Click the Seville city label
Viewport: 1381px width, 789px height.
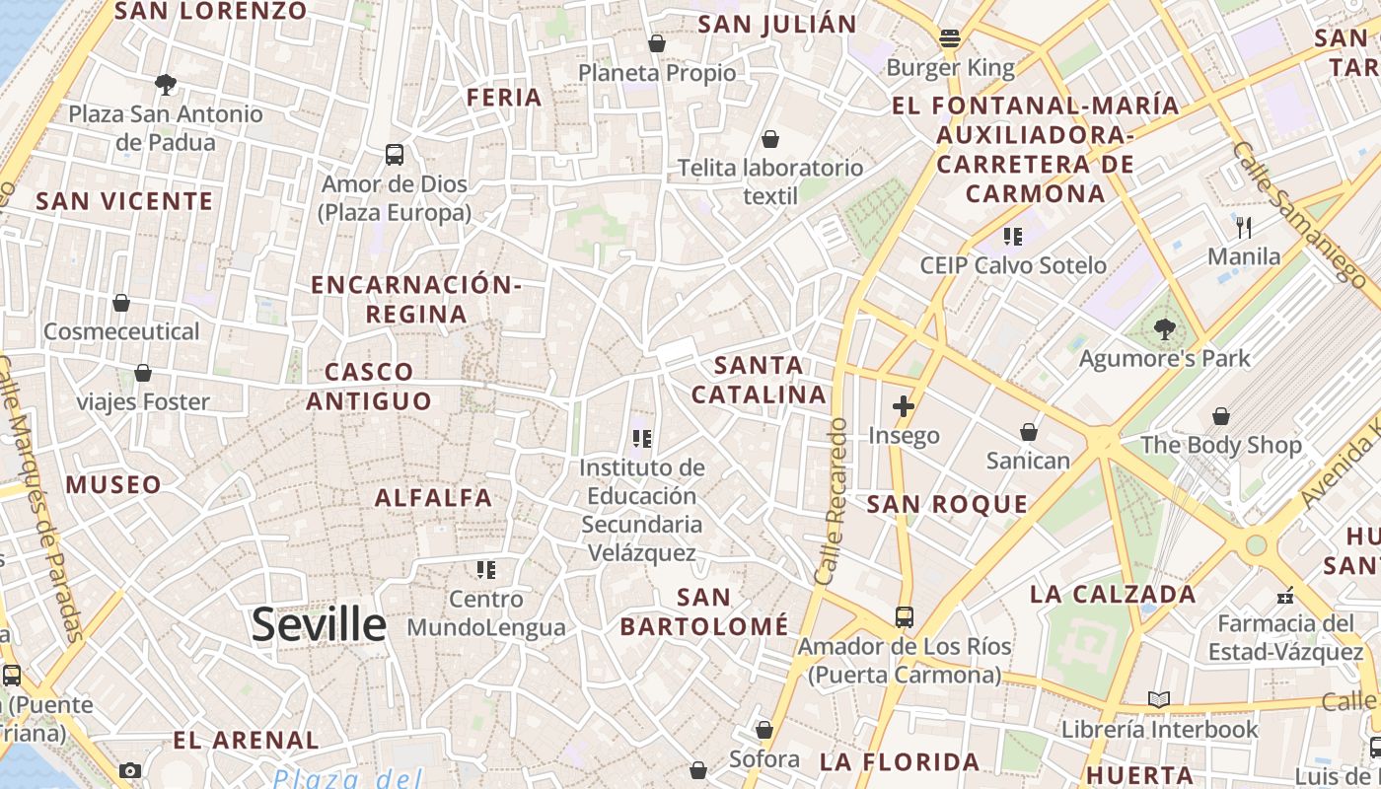click(319, 625)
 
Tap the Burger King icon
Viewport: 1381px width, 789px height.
click(951, 39)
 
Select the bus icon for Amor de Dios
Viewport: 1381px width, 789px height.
click(395, 155)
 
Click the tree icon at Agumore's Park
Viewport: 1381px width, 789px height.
click(1165, 329)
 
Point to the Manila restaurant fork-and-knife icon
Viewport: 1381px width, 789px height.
click(1244, 228)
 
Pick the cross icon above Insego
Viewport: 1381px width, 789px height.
click(904, 405)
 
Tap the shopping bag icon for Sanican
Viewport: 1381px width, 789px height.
click(1029, 432)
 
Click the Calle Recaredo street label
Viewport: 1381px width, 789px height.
click(830, 500)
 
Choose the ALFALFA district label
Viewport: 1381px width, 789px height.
click(433, 498)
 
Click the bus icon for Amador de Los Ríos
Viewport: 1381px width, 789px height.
click(905, 617)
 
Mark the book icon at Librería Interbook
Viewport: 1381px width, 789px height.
click(1159, 700)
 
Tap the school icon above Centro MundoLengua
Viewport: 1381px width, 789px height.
click(485, 569)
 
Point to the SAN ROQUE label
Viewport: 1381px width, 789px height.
click(947, 505)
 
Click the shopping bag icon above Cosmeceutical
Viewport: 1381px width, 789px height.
click(121, 303)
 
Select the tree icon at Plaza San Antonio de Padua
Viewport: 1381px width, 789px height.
click(166, 85)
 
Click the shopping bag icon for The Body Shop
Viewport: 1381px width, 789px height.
click(1221, 416)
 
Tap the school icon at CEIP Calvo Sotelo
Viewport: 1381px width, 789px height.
click(1012, 237)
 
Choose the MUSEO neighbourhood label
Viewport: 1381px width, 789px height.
click(113, 485)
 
